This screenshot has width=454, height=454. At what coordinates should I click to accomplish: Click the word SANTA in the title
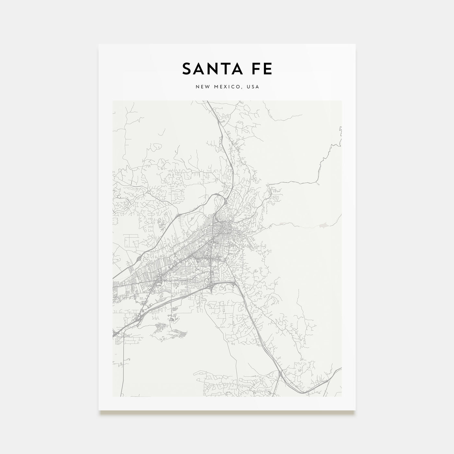point(211,69)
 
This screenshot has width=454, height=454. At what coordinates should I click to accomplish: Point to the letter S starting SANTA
point(187,69)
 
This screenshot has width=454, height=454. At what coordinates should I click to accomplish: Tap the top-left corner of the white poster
point(99,44)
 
